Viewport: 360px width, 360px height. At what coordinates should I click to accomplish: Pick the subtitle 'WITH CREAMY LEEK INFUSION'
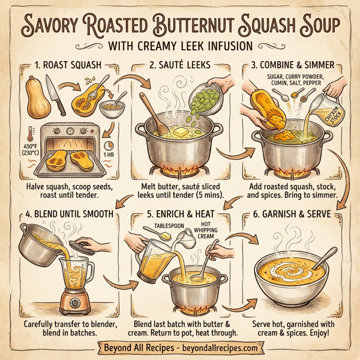click(180, 46)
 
